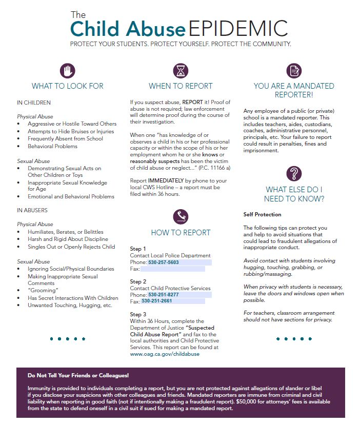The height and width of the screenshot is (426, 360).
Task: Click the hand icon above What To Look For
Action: point(67,70)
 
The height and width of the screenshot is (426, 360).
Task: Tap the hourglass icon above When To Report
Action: point(181,70)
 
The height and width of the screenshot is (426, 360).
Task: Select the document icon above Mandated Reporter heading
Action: point(293,70)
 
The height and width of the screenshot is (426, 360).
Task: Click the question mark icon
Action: point(293,173)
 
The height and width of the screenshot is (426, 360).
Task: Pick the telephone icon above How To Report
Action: point(181,216)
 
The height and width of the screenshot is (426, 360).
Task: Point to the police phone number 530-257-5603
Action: point(164,262)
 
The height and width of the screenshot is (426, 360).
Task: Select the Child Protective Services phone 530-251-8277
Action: point(164,295)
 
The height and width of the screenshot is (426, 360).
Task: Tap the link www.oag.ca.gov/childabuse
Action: point(165,354)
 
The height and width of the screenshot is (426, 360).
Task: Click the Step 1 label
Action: point(138,249)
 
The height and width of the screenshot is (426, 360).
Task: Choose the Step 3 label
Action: point(138,314)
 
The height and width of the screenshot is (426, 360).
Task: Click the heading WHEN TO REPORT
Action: point(181,86)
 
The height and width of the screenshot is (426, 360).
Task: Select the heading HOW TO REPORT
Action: point(181,233)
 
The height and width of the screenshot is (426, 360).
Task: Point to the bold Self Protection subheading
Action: point(262,214)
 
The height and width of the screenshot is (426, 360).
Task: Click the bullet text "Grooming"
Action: point(42,291)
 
